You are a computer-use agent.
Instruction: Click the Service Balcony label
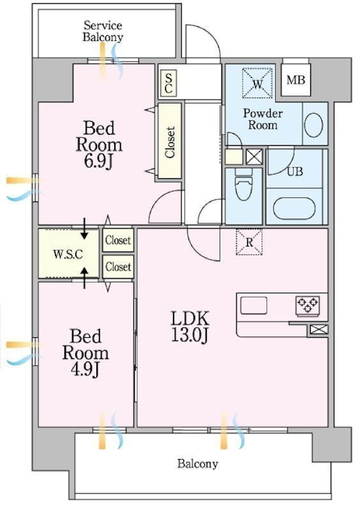point(103,31)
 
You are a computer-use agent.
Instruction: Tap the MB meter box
point(296,79)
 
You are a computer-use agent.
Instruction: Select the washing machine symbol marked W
point(257,83)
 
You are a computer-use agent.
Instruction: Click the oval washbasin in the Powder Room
point(314,125)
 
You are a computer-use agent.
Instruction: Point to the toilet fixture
point(244,184)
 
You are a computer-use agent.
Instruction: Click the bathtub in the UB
point(294,209)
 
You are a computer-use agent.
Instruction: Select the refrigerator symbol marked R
point(249,242)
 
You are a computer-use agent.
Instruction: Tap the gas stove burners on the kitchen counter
point(308,306)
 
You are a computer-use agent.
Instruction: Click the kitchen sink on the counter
point(254,306)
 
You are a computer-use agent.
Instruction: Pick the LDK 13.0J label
point(190,326)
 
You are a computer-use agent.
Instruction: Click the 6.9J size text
point(98,161)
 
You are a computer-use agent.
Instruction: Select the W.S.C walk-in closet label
point(68,254)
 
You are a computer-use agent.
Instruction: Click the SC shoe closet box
point(169,84)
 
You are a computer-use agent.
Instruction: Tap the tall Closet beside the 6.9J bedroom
point(170,141)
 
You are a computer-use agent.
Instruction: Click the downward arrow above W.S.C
point(84,229)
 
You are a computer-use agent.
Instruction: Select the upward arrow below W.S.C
point(84,278)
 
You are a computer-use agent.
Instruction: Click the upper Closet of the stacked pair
point(118,240)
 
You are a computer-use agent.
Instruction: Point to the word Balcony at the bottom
point(198,464)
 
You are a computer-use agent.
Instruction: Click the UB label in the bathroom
point(295,171)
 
